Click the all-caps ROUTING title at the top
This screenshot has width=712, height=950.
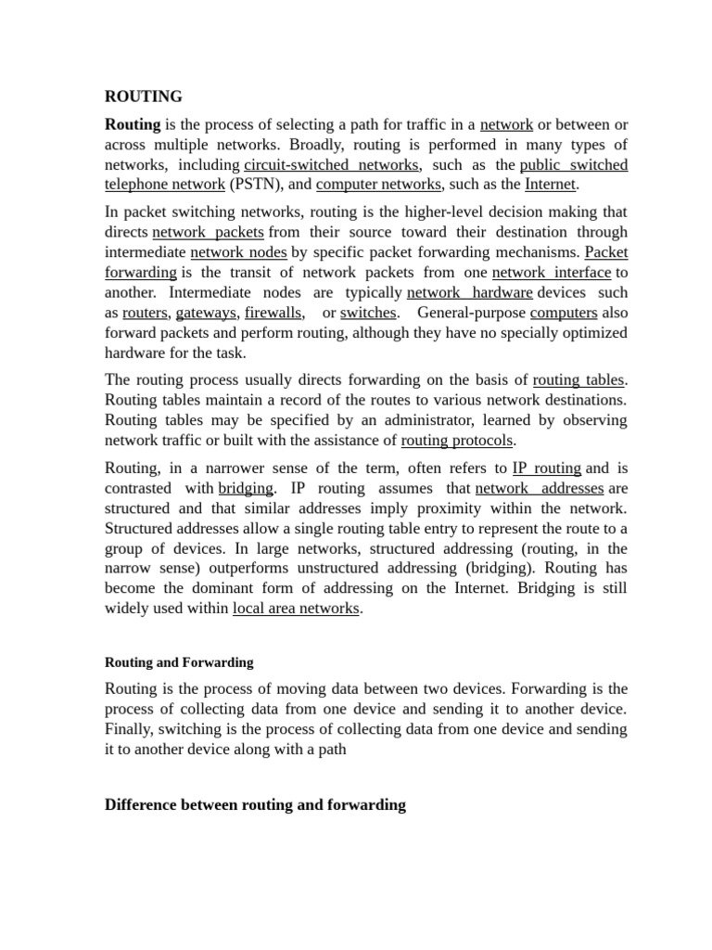coord(144,96)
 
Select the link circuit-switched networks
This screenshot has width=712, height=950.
coord(331,165)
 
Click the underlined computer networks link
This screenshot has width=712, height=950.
coord(378,184)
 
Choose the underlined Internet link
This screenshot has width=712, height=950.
coord(551,184)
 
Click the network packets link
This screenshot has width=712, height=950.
coord(209,232)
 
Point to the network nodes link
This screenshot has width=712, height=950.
coord(238,251)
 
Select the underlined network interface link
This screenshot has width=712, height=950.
coord(551,272)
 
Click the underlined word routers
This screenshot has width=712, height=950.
coord(145,313)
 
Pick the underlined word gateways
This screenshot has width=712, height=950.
coord(206,313)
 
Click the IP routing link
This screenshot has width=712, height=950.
coord(546,469)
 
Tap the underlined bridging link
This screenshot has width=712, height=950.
coord(246,488)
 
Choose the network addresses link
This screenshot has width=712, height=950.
coord(539,488)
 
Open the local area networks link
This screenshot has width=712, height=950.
coord(295,609)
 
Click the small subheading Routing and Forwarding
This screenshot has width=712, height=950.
coord(179,662)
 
